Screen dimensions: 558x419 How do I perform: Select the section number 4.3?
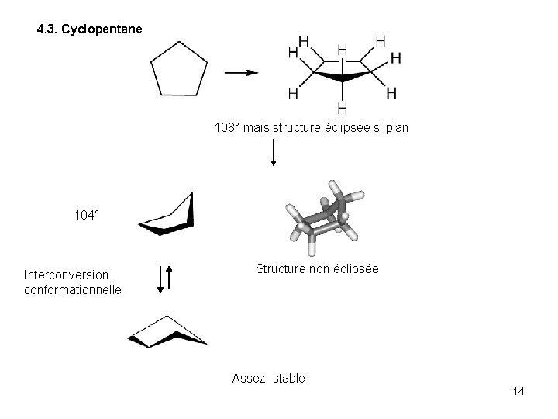[49, 30]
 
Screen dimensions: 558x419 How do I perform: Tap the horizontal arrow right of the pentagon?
[241, 73]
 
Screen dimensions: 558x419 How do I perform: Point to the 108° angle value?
[227, 126]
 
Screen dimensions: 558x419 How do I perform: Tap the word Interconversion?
[66, 275]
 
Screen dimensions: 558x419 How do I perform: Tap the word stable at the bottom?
[288, 379]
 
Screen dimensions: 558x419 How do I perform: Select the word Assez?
[248, 379]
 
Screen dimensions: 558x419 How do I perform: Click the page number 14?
[518, 391]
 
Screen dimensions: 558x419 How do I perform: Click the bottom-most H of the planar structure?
[342, 108]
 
